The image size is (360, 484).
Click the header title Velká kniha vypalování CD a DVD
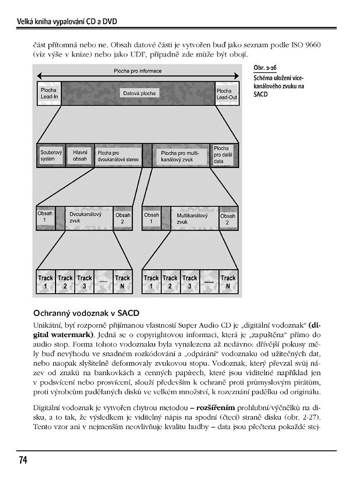tap(67, 22)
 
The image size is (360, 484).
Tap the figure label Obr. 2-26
tap(265, 68)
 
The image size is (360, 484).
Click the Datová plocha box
tap(139, 94)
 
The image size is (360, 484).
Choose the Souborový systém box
tap(51, 156)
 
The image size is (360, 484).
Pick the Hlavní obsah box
tap(80, 156)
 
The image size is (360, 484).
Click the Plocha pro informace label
tap(137, 71)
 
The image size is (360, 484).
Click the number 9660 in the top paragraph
tap(312, 45)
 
